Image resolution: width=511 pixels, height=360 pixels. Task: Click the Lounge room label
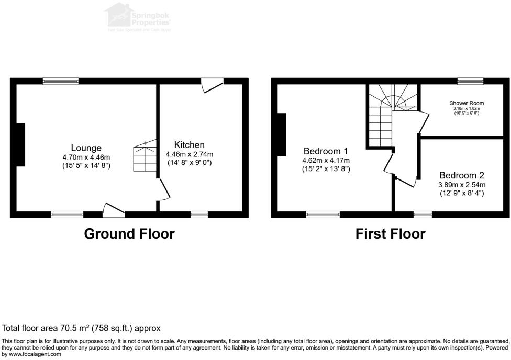(86, 148)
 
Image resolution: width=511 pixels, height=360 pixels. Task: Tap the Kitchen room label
(190, 145)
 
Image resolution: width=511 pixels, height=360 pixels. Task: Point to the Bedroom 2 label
(462, 175)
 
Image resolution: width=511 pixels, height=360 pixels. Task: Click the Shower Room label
(466, 103)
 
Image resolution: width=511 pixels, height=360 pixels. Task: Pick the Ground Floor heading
(129, 233)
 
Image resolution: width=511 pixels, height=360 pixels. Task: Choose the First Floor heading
(390, 233)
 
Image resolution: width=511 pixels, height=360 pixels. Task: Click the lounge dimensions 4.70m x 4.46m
(86, 157)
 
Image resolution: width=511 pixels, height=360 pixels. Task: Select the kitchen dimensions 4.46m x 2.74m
(190, 154)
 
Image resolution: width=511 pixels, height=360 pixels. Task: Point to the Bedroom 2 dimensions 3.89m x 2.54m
(462, 185)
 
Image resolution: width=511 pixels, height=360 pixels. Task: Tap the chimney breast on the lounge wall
(20, 144)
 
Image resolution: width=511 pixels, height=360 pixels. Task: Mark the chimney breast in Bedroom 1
(282, 135)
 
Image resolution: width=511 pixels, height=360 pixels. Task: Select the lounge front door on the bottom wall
(113, 210)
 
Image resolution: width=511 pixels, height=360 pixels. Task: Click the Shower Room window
(470, 81)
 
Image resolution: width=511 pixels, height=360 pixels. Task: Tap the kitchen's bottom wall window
(199, 214)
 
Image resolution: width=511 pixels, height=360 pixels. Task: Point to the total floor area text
(81, 328)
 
